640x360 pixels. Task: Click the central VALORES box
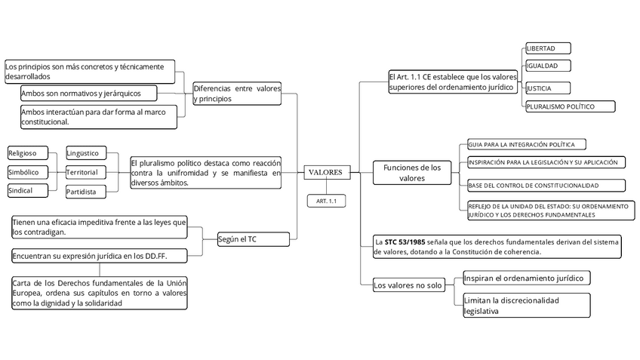click(326, 173)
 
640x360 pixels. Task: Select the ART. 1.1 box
click(326, 201)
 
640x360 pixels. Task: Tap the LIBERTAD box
click(547, 48)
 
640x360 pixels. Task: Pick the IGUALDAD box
click(547, 66)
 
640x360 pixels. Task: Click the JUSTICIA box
click(547, 88)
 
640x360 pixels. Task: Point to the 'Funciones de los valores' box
click(412, 173)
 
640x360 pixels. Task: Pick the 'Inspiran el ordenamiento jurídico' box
click(525, 278)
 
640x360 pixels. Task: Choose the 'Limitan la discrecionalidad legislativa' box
click(526, 306)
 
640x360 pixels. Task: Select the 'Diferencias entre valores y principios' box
click(237, 94)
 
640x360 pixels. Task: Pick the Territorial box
click(85, 173)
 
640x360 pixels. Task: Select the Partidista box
click(85, 192)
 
